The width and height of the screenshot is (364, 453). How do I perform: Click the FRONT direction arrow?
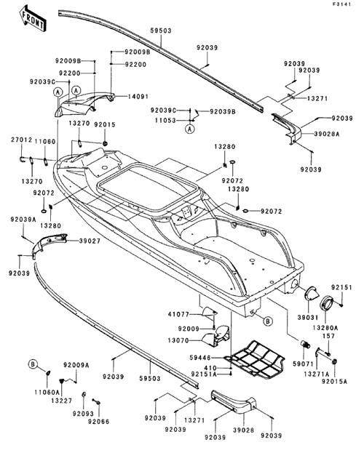(x=32, y=19)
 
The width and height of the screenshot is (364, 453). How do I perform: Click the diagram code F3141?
(x=341, y=4)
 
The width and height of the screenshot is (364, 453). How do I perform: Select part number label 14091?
(x=138, y=97)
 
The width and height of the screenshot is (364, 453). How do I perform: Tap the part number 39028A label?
(x=327, y=134)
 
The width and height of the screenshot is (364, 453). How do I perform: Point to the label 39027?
(x=90, y=241)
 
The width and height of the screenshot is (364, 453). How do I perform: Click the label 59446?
(x=200, y=358)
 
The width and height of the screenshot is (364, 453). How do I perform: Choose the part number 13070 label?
(x=178, y=340)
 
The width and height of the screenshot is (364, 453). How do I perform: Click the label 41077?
(x=178, y=314)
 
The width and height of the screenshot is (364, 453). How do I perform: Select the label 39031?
(x=308, y=318)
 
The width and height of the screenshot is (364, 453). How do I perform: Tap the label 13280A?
(x=325, y=328)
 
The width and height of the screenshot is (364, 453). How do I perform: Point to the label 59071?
(x=303, y=364)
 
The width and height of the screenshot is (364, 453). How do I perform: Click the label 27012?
(x=21, y=140)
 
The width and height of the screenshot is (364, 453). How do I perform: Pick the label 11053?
(x=165, y=120)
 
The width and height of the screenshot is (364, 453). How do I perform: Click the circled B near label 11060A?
(x=33, y=364)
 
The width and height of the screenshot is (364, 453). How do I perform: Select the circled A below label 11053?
(x=189, y=129)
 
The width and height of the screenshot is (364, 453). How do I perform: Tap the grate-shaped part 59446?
(x=256, y=359)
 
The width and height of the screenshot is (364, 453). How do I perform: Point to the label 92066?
(x=99, y=422)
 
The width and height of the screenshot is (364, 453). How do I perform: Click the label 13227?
(x=62, y=401)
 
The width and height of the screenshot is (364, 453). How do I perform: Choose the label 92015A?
(x=334, y=382)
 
